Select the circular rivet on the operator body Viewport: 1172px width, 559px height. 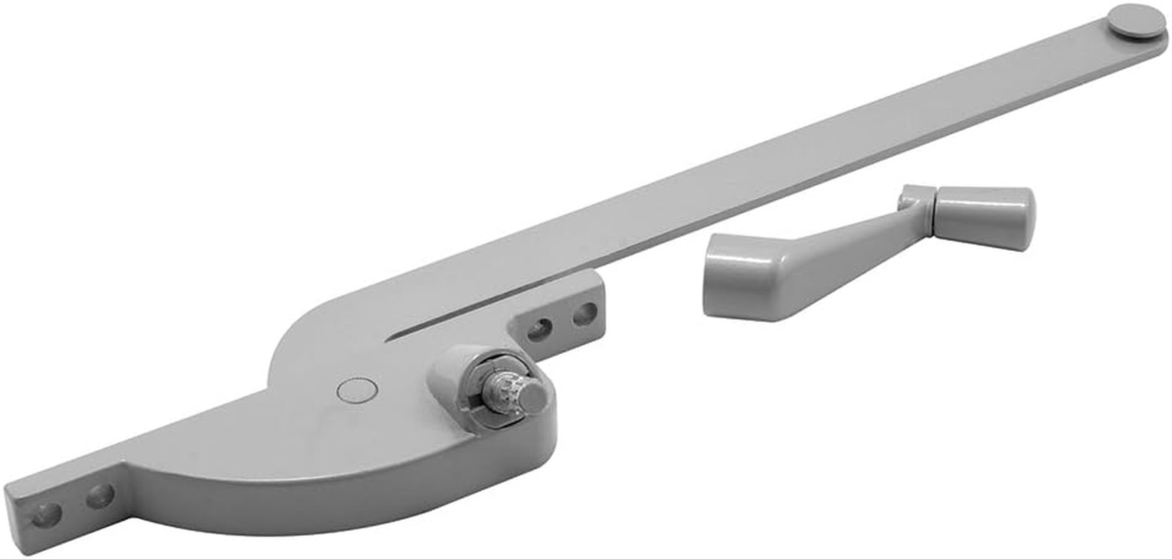click(356, 391)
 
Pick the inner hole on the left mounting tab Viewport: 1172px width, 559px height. click(100, 497)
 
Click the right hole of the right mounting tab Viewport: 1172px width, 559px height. click(584, 314)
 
